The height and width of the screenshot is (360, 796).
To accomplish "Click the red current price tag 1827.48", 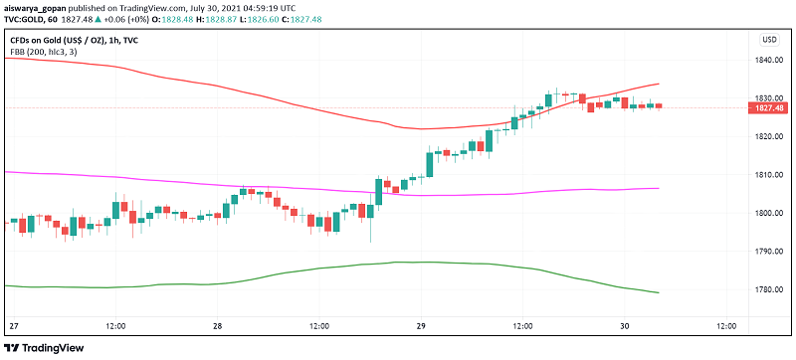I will [770, 107].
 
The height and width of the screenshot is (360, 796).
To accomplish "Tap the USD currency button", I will [769, 39].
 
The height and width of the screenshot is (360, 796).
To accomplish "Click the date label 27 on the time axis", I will [13, 326].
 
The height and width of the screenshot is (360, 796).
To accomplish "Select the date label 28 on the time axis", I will [217, 326].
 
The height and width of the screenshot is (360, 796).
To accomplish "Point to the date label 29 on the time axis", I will [422, 326].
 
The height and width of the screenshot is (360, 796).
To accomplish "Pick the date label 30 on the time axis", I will [626, 326].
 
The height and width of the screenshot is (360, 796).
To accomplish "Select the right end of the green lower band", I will [659, 292].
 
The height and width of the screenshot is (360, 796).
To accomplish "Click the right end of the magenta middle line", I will [659, 188].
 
